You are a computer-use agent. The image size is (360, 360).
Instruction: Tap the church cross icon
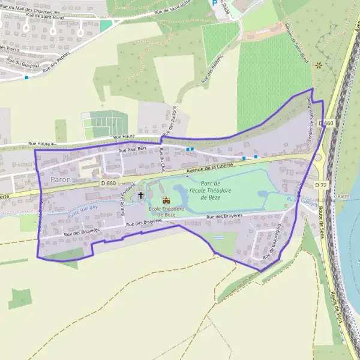(x=141, y=195)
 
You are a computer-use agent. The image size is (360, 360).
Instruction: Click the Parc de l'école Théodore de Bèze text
(x=207, y=190)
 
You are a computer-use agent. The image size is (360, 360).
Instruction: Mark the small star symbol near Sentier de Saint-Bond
(x=318, y=65)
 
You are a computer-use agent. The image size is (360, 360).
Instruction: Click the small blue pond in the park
(x=265, y=194)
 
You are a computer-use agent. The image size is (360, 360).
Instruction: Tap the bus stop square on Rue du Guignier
(x=26, y=77)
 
